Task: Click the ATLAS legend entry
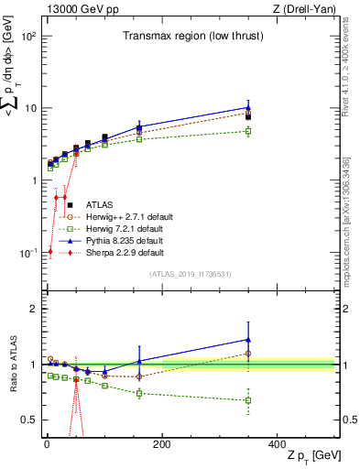click(100, 204)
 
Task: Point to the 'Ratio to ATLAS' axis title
click(12, 364)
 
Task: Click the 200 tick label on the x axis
click(161, 444)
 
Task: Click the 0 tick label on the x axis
click(47, 444)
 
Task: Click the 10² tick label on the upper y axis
click(27, 37)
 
